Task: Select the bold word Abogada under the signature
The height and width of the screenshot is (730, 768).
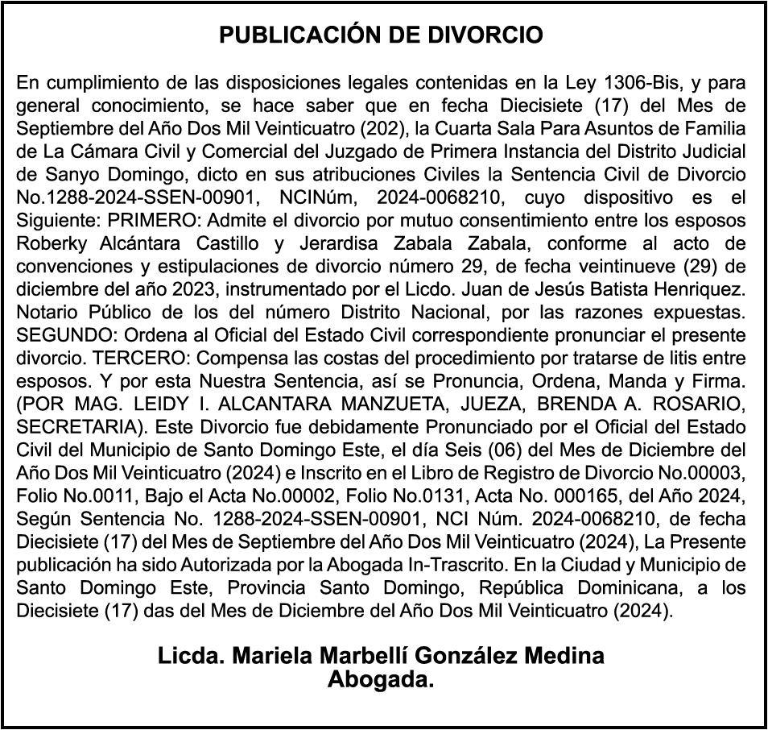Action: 380,680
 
